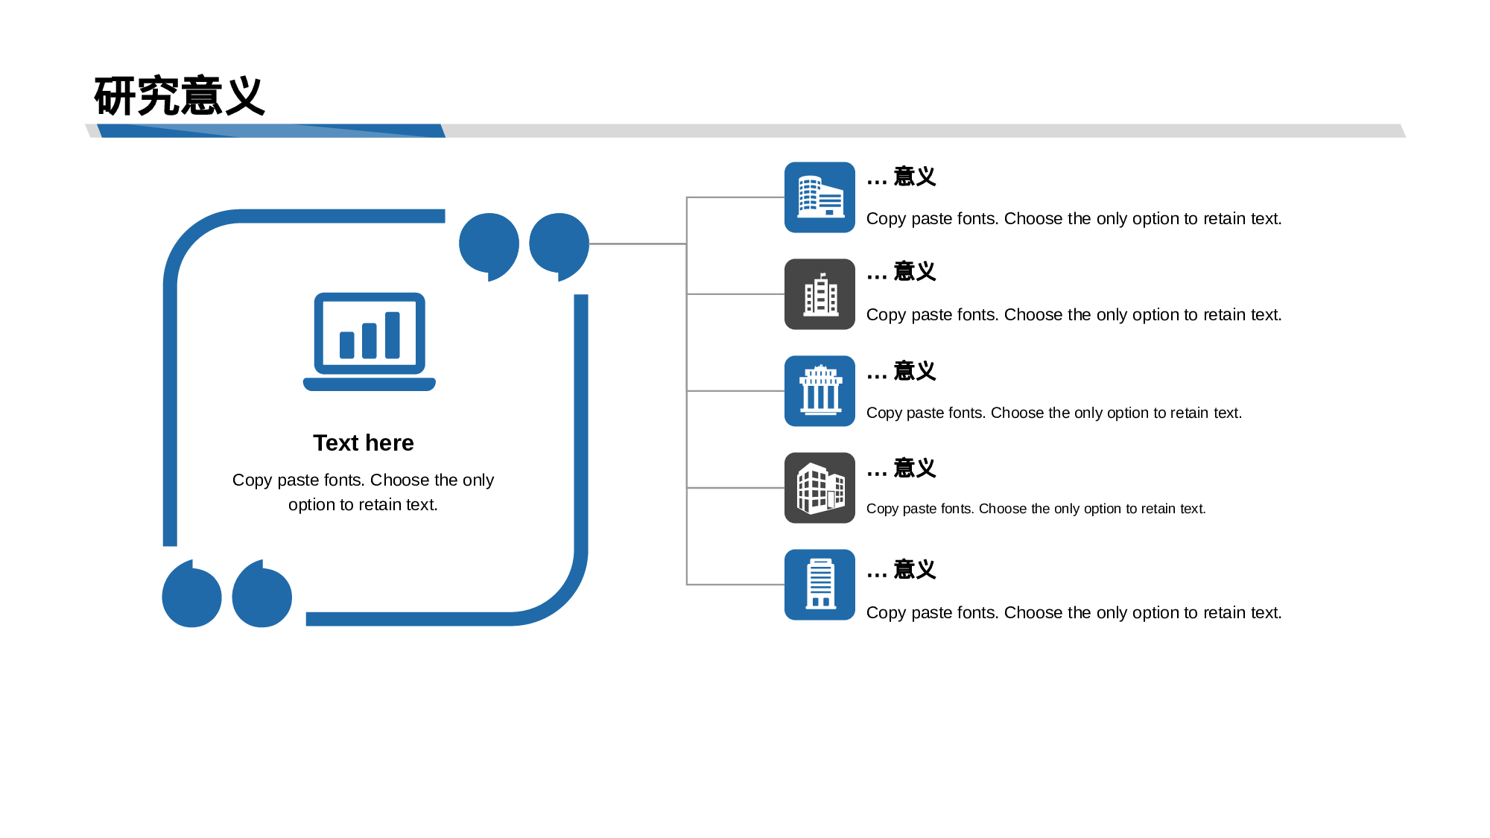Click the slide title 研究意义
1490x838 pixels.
point(180,96)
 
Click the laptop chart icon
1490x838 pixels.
point(370,341)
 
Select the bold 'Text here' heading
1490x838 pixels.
point(364,443)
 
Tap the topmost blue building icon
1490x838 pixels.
point(819,197)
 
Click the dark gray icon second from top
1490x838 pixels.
point(819,294)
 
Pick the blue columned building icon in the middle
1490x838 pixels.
point(819,391)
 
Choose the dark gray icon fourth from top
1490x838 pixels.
point(819,488)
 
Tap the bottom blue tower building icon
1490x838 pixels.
point(819,585)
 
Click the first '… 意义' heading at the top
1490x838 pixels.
point(901,177)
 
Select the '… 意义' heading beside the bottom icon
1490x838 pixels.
point(901,570)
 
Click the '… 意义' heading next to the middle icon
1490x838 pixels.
point(901,371)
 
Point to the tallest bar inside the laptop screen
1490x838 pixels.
point(393,335)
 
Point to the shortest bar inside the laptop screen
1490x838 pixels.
point(347,346)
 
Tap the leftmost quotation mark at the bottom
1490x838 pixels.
point(191,594)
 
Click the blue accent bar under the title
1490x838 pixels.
point(271,131)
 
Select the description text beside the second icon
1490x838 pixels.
point(1074,315)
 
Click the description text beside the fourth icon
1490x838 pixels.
point(1036,509)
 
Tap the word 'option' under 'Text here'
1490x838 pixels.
point(312,505)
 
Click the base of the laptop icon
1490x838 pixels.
point(370,384)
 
